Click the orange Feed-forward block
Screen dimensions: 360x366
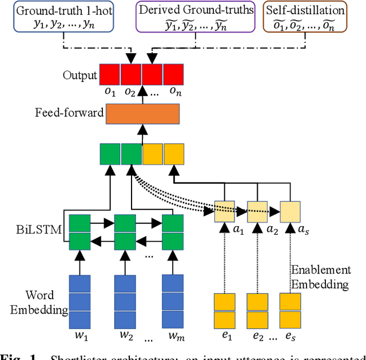tap(142, 113)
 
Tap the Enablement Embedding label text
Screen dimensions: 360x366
tap(320, 276)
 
